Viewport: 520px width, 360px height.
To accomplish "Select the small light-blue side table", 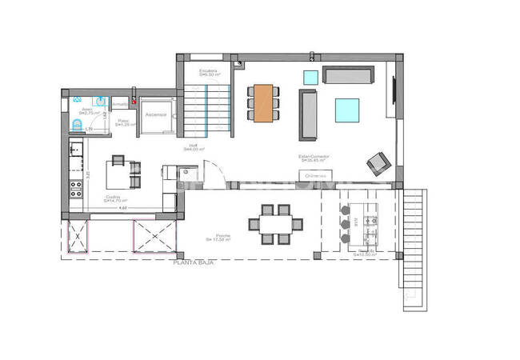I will click(310, 77).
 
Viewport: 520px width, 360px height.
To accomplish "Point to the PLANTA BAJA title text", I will click(194, 262).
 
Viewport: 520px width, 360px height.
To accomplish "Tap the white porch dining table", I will click(274, 224).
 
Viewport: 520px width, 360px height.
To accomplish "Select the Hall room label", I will click(192, 147).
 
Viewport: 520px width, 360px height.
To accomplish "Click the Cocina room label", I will click(114, 198).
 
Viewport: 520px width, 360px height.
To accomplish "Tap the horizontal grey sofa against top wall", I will click(348, 76).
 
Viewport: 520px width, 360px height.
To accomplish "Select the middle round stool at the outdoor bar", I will click(346, 224).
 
